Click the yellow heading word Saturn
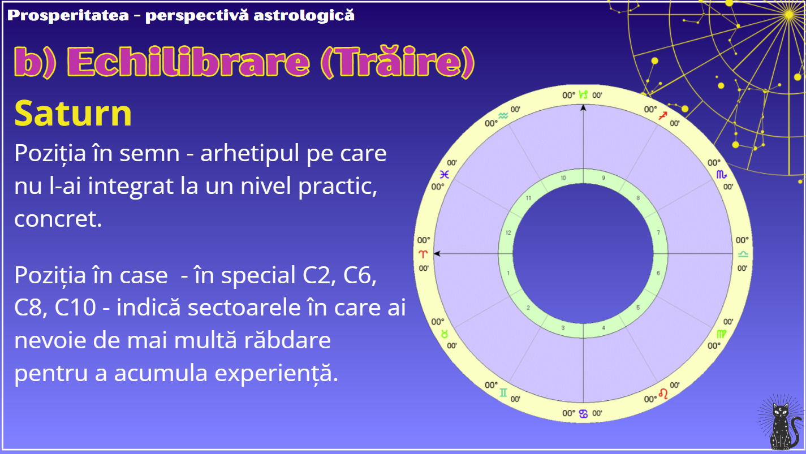coord(73,114)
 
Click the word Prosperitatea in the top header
coord(68,15)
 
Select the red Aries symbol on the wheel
coord(423,254)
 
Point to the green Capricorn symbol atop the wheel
coord(583,94)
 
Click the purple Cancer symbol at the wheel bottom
coord(583,414)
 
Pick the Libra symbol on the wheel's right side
coord(743,254)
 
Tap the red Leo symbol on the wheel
coord(663,394)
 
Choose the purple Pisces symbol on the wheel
coord(445,175)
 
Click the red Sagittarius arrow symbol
coord(663,115)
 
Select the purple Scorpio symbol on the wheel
coord(722,175)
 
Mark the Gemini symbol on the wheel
coord(503,392)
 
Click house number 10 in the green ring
coord(563,178)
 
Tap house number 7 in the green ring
coord(658,232)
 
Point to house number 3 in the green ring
coord(563,328)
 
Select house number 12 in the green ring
coord(508,233)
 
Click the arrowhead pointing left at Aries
coord(437,254)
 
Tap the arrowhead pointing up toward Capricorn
coord(583,107)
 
